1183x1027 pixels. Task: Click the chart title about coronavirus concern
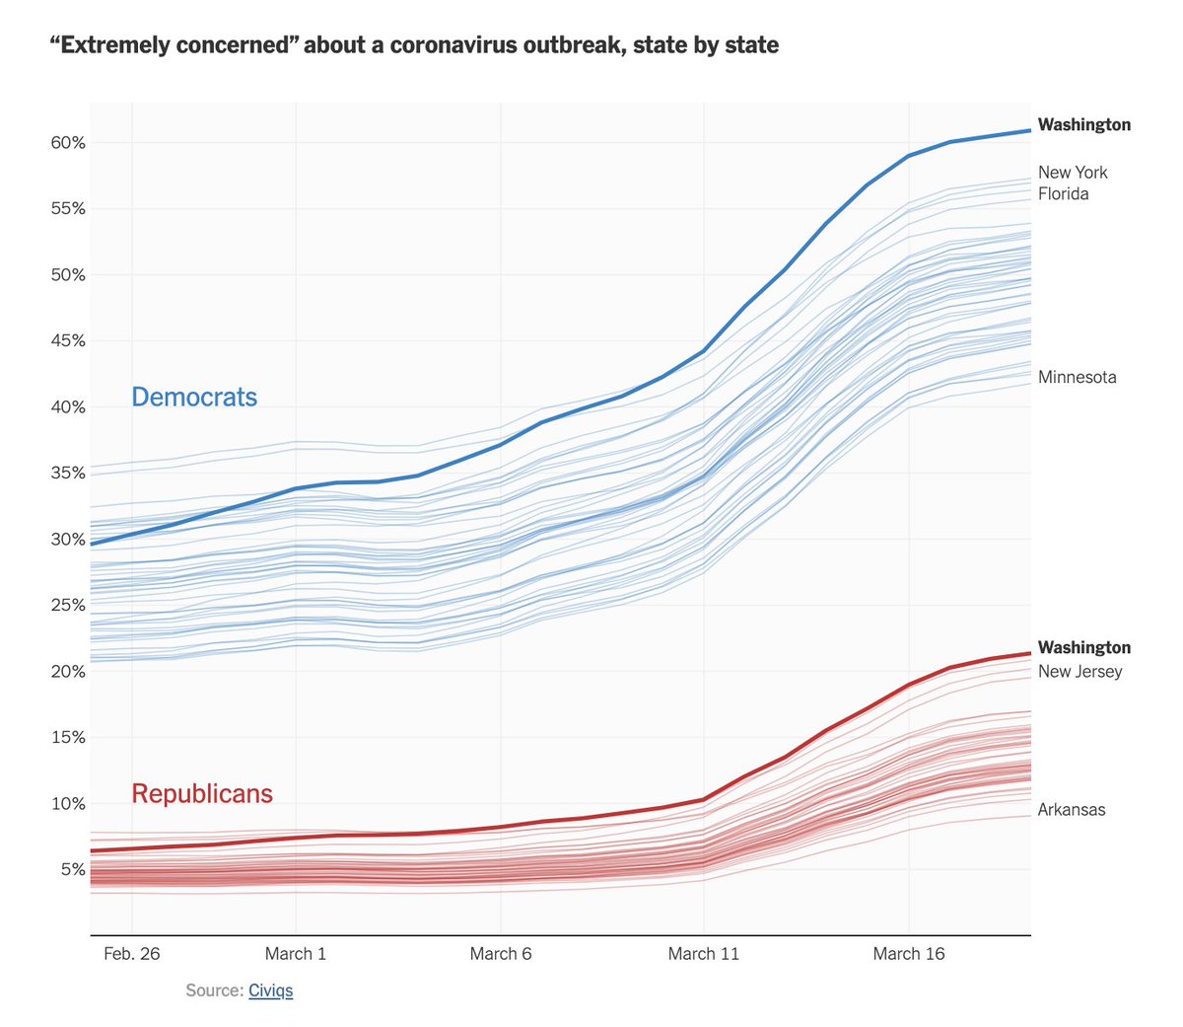(414, 45)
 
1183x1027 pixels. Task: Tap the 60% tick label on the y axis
(68, 143)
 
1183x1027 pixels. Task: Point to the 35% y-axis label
(68, 474)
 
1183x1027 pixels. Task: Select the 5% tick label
(72, 870)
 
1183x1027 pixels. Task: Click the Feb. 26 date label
(131, 954)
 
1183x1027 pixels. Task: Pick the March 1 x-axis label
(295, 954)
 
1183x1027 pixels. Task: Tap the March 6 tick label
(500, 954)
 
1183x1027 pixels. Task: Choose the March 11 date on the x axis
(703, 954)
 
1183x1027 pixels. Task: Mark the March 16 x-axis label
(908, 954)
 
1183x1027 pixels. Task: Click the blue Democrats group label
(194, 398)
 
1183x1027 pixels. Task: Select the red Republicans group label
(202, 794)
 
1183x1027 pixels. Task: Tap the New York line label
(1073, 173)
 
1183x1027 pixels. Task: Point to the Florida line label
(1063, 194)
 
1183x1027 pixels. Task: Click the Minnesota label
(1077, 378)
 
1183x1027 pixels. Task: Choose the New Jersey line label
(1079, 672)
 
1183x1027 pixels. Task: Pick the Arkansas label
(1072, 810)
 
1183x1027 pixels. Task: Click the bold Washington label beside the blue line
(1084, 125)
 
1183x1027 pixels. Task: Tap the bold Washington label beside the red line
(1084, 648)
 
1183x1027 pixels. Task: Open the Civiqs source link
(270, 990)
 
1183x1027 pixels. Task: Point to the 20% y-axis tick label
(68, 672)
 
